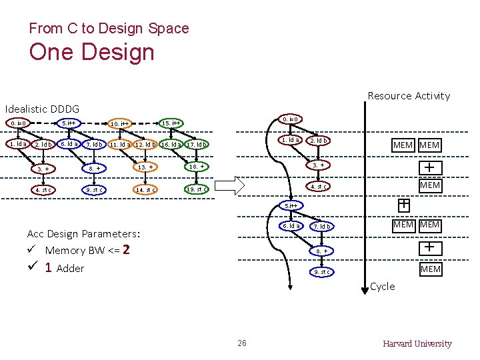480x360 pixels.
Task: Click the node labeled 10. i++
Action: tap(121, 123)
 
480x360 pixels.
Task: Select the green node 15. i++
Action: tap(172, 123)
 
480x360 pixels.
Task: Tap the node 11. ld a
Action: tap(121, 145)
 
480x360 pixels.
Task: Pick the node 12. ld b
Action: tap(145, 145)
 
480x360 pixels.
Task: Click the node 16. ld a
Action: tap(171, 145)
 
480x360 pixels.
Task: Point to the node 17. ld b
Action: tap(197, 145)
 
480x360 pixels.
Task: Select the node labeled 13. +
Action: tap(145, 167)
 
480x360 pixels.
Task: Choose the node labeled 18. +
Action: tap(197, 166)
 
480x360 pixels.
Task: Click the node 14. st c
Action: tap(145, 190)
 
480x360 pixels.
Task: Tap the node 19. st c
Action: tap(197, 189)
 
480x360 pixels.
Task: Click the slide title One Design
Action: tap(92, 53)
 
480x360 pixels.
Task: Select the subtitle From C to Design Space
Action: tap(109, 28)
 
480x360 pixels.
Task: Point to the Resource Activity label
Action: tap(409, 96)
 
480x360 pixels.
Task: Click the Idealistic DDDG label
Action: tap(42, 109)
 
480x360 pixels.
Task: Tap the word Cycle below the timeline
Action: tap(382, 287)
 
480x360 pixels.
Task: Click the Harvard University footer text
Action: tap(417, 344)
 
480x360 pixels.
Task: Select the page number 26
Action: tap(241, 343)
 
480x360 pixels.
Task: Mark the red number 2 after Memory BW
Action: tap(126, 250)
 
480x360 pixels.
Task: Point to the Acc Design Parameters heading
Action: tap(83, 234)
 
